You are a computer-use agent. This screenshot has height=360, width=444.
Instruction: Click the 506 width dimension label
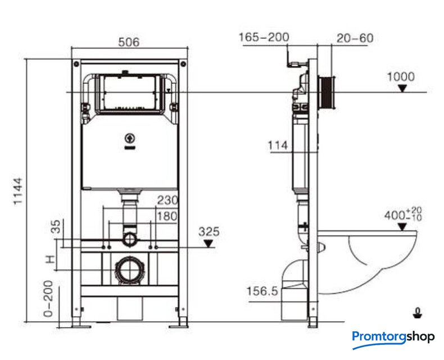click(x=129, y=42)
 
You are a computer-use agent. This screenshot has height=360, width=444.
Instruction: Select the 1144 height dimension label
click(x=18, y=191)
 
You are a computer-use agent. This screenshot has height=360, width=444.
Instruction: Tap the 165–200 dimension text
click(x=264, y=37)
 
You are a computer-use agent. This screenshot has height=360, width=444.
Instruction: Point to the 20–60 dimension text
click(x=355, y=38)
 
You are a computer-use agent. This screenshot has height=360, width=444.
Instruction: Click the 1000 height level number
click(x=401, y=77)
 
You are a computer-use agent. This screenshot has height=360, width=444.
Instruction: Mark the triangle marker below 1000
click(x=402, y=89)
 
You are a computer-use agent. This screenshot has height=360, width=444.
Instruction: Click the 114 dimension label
click(x=278, y=146)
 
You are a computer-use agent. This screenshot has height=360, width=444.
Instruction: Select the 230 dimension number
click(x=167, y=200)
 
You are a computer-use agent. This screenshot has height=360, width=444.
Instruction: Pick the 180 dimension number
click(x=167, y=217)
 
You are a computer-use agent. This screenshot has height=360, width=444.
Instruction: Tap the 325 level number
click(x=209, y=232)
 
